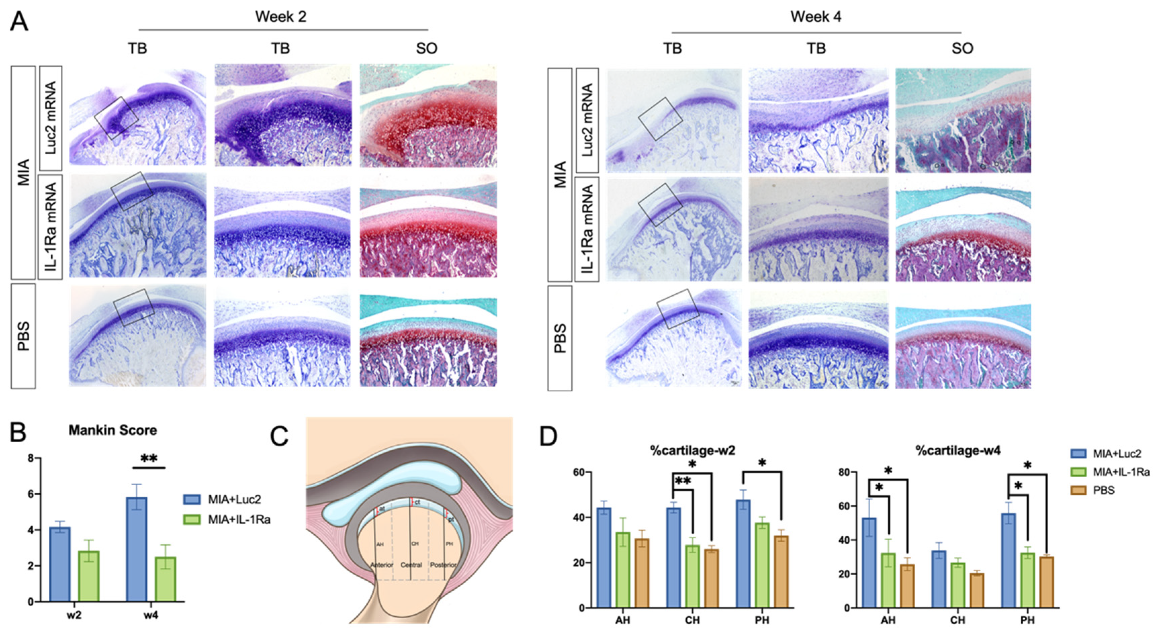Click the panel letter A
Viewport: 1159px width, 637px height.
[x=19, y=21]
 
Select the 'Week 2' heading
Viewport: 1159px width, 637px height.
[x=280, y=17]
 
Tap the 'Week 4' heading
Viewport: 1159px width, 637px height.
[x=816, y=17]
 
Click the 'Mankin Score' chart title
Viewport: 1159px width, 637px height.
[x=112, y=431]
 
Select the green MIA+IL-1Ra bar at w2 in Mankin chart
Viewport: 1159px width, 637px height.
[x=89, y=576]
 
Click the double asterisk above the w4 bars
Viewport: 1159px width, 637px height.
[x=149, y=459]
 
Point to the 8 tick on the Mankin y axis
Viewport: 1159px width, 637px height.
[x=31, y=458]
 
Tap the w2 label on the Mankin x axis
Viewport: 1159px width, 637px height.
[x=74, y=615]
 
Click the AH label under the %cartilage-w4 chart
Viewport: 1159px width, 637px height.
[x=888, y=620]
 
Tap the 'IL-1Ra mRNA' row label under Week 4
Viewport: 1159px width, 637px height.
[x=587, y=229]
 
